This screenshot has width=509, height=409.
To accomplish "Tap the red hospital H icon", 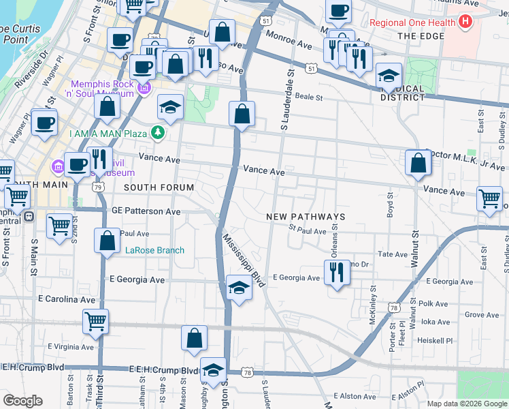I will point(465,22).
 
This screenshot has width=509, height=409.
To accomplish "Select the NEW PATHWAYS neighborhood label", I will point(306,217).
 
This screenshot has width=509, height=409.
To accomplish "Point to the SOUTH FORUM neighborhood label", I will point(159,187).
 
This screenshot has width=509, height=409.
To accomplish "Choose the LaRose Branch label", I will point(154,250).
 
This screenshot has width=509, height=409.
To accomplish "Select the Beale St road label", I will point(308,97).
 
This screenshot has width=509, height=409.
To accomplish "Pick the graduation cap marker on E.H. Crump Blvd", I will point(214,371).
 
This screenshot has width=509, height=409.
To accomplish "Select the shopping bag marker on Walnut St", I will point(418,163).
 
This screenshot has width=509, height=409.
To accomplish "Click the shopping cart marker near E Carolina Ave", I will point(95,321).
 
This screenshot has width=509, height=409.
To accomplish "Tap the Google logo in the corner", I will point(22,401).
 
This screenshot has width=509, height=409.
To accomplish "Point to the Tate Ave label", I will point(393,254).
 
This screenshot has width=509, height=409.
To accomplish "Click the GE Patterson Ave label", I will point(146,211).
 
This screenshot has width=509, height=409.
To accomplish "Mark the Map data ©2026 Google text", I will point(466,403).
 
